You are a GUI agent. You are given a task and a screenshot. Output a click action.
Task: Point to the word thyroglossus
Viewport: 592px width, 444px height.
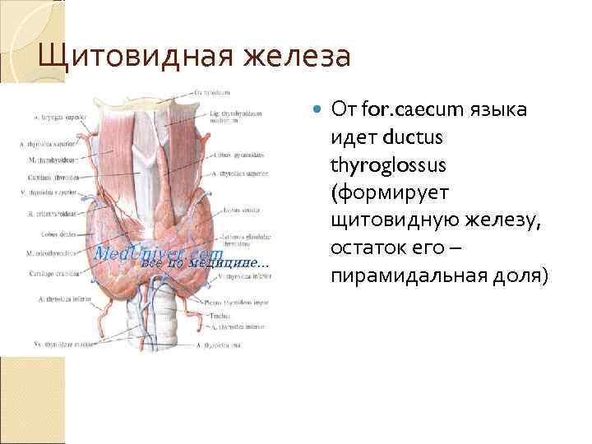[388, 165]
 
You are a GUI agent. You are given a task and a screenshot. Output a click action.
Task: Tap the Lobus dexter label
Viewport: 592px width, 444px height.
[39, 234]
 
